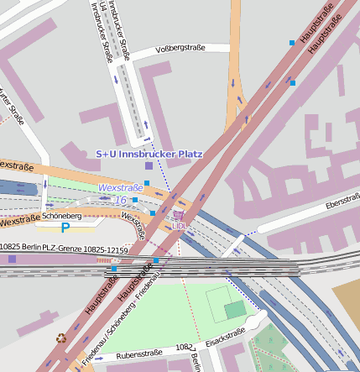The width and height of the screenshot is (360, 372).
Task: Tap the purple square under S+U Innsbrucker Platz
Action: click(x=149, y=166)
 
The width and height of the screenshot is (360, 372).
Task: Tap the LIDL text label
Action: click(x=178, y=226)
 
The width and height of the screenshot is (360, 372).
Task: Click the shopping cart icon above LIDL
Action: click(x=178, y=216)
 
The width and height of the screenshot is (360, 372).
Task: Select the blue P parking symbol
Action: click(x=65, y=228)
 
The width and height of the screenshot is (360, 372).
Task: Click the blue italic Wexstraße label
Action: click(x=120, y=188)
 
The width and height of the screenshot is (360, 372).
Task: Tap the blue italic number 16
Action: click(x=121, y=200)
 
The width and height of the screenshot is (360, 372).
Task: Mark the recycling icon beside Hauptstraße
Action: click(x=60, y=338)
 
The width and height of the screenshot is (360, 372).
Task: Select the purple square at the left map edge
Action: click(x=12, y=259)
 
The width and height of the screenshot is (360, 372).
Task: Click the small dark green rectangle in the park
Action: click(x=236, y=310)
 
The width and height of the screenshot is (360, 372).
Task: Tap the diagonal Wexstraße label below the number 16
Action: click(x=133, y=225)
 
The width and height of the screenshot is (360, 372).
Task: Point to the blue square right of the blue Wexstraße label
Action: click(x=147, y=183)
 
